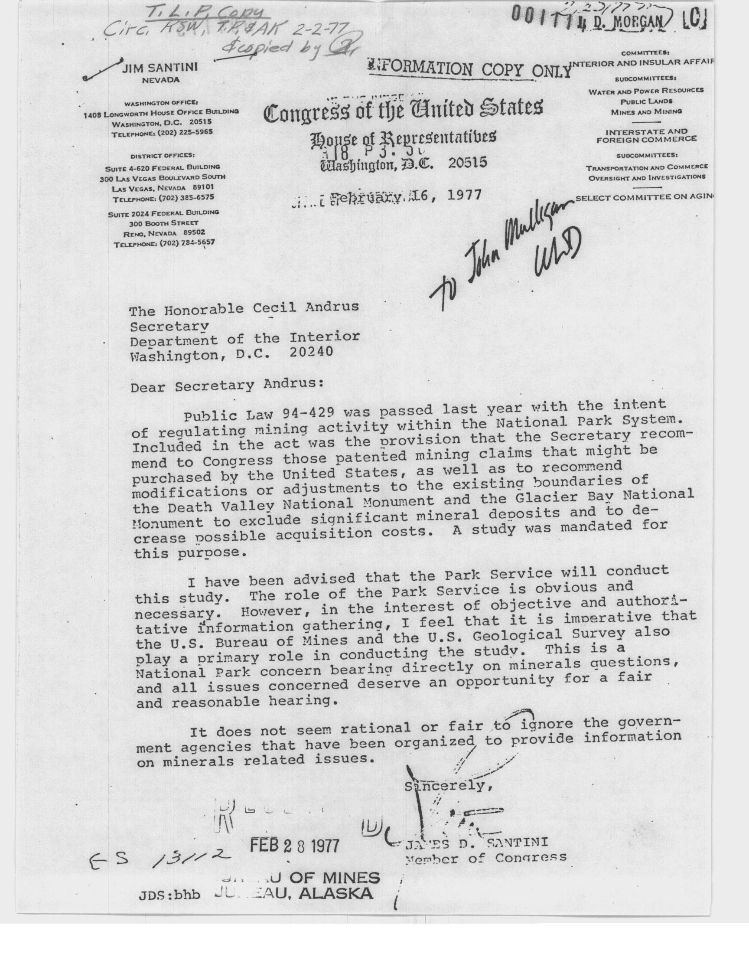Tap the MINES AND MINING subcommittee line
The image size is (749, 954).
646,112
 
